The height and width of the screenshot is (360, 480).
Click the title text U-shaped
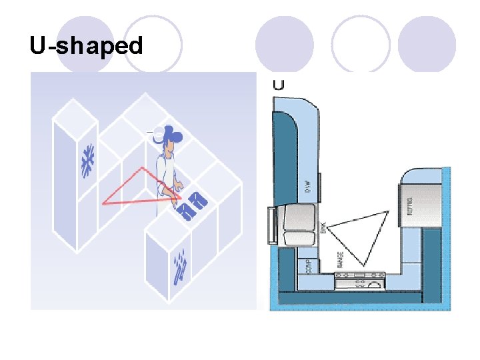(86, 46)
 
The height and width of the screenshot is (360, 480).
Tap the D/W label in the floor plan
(308, 185)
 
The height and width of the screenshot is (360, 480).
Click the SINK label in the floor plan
(323, 227)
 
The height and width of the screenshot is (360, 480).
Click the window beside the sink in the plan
(271, 225)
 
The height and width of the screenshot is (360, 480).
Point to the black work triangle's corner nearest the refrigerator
(387, 211)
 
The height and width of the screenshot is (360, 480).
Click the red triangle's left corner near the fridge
(103, 204)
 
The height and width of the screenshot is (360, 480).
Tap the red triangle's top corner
(142, 167)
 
